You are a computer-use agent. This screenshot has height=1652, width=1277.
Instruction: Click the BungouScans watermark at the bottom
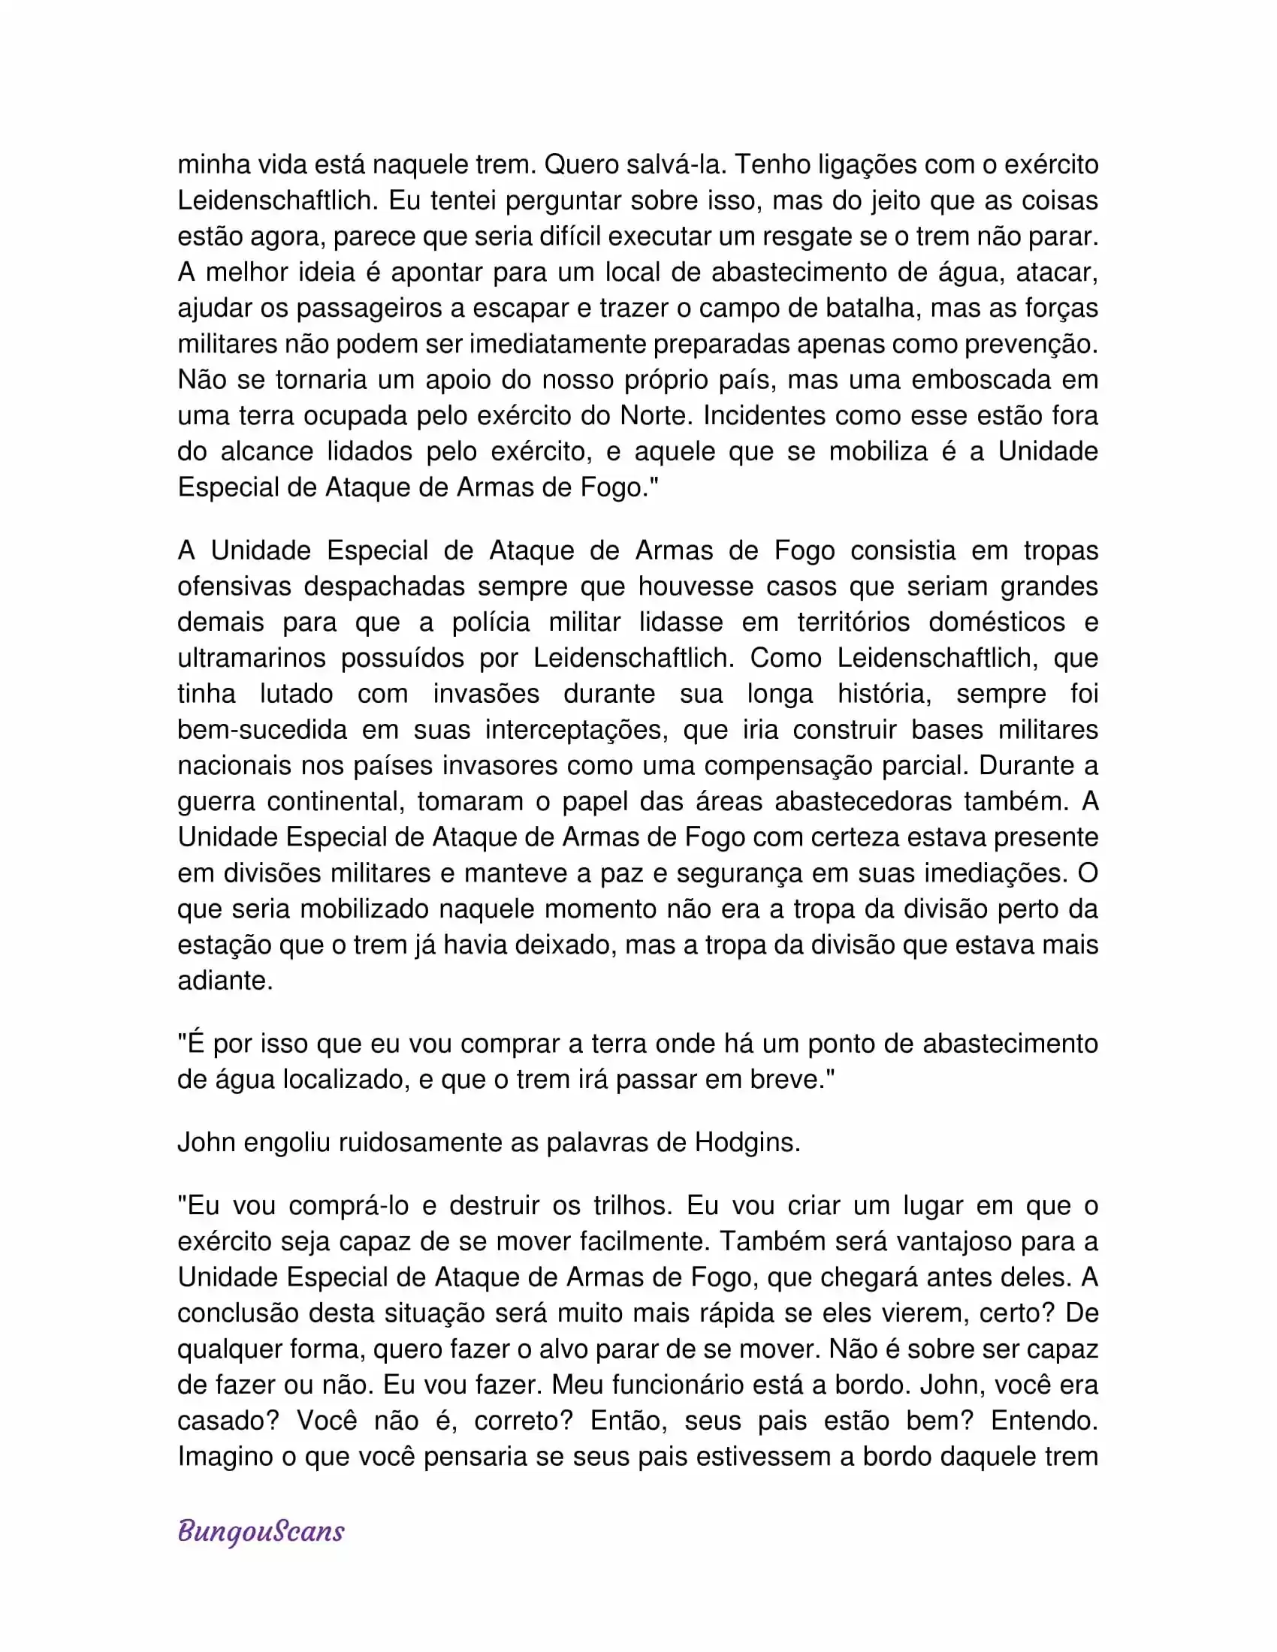coord(261,1531)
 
